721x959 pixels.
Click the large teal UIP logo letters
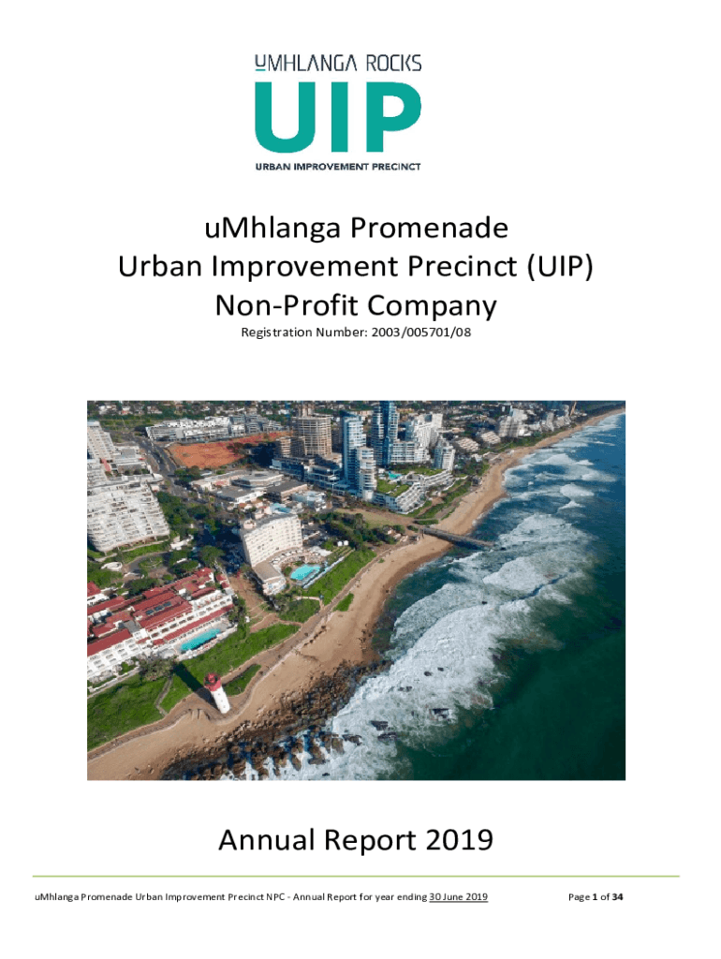point(338,116)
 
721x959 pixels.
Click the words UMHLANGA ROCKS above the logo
point(338,64)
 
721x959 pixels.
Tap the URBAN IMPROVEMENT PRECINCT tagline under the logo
point(338,167)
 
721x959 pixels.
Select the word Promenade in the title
point(429,229)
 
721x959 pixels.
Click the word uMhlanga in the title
point(272,229)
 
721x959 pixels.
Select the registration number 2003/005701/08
point(420,332)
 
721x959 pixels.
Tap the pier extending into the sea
point(456,537)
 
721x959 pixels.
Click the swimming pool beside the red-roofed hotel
point(199,640)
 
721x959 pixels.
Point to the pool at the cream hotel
point(304,572)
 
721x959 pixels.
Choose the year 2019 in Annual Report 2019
point(459,840)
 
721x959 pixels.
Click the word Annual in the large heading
point(267,840)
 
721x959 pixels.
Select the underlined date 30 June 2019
point(458,897)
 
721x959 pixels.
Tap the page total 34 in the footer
point(617,897)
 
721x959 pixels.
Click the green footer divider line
point(356,877)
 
